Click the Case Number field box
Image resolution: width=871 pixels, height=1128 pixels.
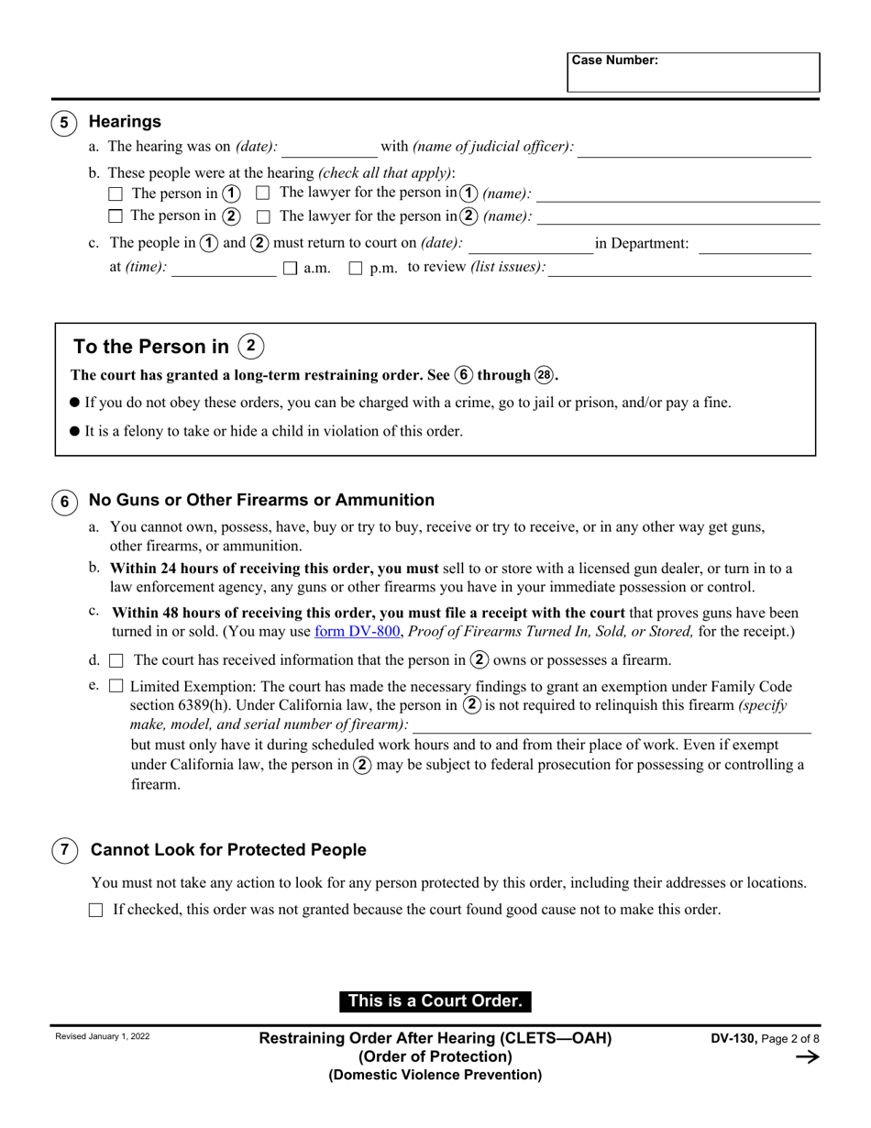point(693,72)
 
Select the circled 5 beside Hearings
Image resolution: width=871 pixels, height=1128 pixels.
point(64,122)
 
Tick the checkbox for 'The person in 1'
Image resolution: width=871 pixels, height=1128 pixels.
point(116,194)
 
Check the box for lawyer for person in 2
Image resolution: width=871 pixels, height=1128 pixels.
point(263,216)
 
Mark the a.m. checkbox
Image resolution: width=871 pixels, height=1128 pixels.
point(291,269)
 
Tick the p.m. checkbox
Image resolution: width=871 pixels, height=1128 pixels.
point(356,269)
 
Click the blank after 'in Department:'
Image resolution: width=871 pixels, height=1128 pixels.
point(755,244)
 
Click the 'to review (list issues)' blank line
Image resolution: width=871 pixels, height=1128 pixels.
point(679,268)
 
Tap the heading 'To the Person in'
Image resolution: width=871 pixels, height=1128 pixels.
point(151,347)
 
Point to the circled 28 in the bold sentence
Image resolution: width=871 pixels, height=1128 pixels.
point(545,375)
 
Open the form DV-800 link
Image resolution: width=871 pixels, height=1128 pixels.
point(358,632)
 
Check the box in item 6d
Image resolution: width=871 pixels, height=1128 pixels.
point(116,660)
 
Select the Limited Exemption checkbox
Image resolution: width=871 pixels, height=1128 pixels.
point(116,686)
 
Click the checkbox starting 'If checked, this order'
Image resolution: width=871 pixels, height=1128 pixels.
point(96,911)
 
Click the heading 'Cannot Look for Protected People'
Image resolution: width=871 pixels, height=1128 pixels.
point(228,850)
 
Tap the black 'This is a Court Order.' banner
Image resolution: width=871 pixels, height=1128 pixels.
point(435,1001)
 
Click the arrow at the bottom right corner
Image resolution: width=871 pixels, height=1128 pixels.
point(807,1057)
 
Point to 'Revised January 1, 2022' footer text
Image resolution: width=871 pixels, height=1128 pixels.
point(103,1037)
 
